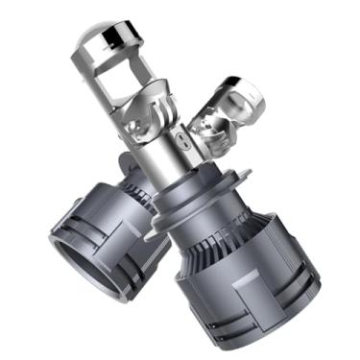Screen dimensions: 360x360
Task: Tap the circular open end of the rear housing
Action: tap(72, 259)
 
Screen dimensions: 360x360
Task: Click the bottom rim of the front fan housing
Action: tap(259, 331)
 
